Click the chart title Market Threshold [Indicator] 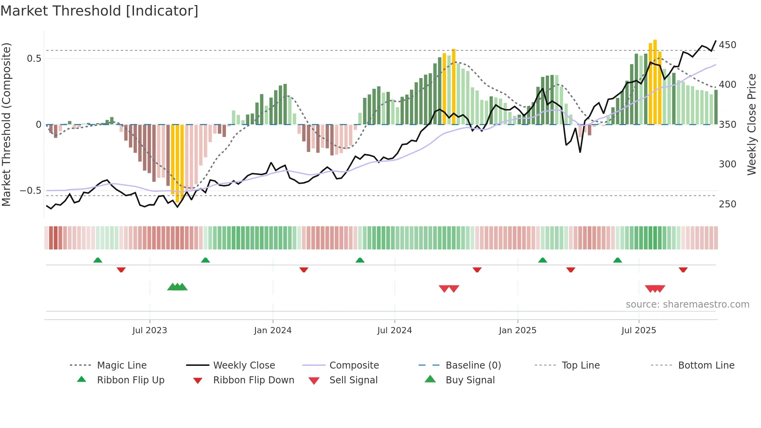click(x=99, y=11)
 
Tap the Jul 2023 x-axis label click(x=149, y=331)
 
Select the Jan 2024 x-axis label click(x=273, y=331)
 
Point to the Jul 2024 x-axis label click(x=394, y=331)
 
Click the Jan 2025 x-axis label click(x=518, y=331)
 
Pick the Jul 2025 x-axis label click(x=639, y=331)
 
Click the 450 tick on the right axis click(x=727, y=45)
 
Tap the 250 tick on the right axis click(x=727, y=204)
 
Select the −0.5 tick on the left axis click(x=31, y=191)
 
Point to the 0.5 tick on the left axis click(x=34, y=59)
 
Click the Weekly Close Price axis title click(x=752, y=124)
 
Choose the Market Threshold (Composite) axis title click(x=6, y=124)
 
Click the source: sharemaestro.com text click(x=687, y=304)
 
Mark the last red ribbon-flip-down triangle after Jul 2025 click(x=683, y=270)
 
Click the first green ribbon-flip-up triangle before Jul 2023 click(x=98, y=260)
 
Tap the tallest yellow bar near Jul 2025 click(x=655, y=82)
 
